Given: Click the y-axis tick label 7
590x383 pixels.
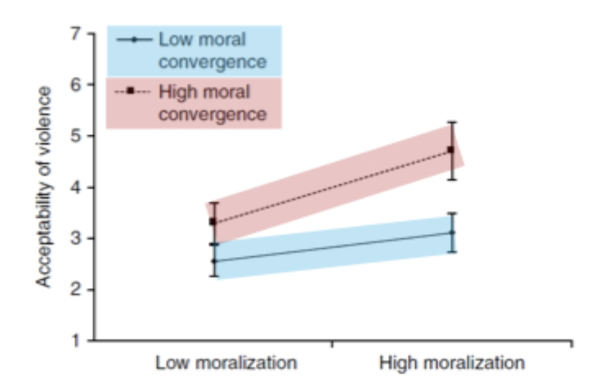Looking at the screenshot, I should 76,34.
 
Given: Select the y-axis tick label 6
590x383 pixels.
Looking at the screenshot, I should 76,85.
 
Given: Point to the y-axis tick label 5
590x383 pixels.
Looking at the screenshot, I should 76,136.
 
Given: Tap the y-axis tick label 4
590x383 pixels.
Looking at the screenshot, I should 76,187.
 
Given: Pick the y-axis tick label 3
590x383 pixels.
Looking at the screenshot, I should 76,238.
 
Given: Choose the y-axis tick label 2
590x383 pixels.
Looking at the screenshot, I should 76,290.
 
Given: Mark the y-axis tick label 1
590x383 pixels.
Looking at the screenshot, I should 76,340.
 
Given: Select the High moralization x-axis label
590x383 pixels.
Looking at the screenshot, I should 452,361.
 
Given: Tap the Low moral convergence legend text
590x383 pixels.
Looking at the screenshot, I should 212,49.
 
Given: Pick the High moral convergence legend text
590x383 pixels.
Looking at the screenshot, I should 212,101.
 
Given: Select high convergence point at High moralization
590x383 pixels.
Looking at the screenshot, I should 451,150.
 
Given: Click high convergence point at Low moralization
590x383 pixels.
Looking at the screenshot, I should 214,222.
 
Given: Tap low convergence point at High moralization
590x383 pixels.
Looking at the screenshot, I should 451,232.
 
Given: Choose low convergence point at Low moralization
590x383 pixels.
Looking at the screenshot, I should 214,261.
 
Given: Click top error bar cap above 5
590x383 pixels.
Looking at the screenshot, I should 451,122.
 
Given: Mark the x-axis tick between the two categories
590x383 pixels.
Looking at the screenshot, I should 333,344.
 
